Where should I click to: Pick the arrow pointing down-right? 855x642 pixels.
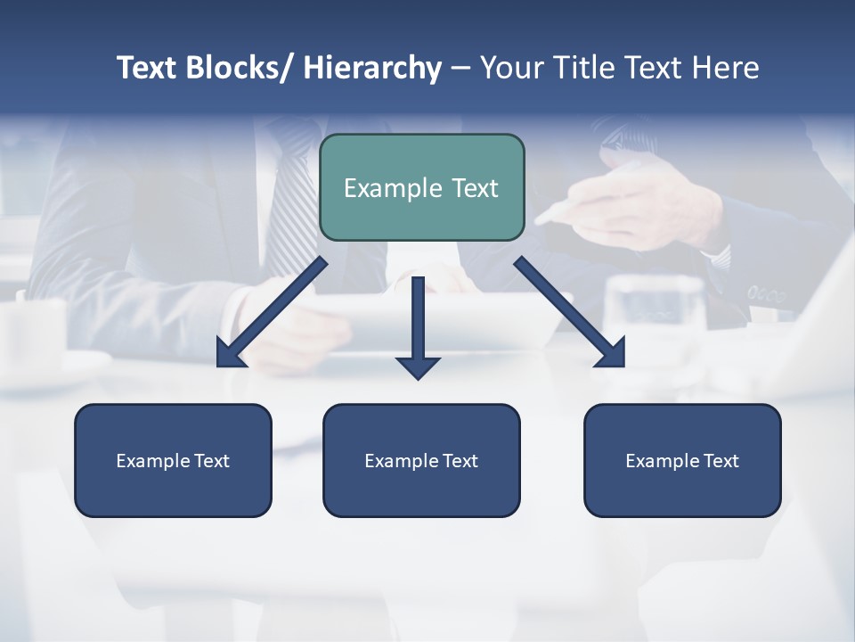coord(570,312)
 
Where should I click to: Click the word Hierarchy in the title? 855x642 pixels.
coord(372,68)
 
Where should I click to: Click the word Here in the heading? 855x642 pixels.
coord(727,68)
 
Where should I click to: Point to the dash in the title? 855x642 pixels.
coord(460,68)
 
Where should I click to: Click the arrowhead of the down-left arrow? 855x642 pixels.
coord(229,354)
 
